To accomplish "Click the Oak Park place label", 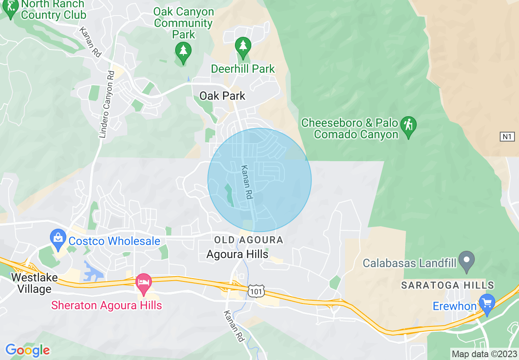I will (x=222, y=96).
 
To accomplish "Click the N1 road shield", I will (x=507, y=137).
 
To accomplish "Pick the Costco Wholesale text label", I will (x=114, y=241).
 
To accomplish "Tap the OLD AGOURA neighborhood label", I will (x=248, y=240).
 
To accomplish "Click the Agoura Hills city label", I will (x=237, y=254).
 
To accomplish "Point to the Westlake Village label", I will (x=32, y=283).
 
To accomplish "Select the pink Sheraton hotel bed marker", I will (x=144, y=283).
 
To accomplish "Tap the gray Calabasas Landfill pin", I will (x=466, y=261).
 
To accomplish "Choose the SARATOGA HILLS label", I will (x=447, y=285).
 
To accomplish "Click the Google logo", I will (x=27, y=350).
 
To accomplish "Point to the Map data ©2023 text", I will (x=484, y=354).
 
